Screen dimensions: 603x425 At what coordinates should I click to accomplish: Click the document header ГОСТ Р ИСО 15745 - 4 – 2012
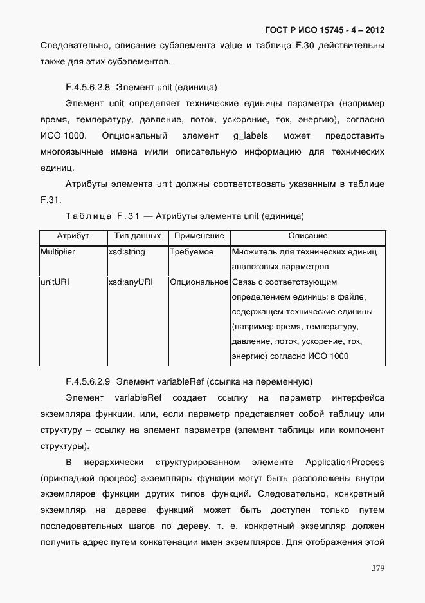point(325,30)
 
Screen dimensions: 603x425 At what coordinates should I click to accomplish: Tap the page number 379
point(377,568)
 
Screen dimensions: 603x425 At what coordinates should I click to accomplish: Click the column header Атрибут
point(73,236)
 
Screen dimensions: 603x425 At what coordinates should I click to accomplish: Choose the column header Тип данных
point(137,236)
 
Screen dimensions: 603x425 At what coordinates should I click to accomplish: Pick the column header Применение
point(199,236)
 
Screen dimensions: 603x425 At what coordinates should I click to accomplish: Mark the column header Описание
point(307,236)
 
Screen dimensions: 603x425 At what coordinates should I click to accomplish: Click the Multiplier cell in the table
point(58,252)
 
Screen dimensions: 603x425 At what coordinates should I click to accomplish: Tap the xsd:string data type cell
point(127,252)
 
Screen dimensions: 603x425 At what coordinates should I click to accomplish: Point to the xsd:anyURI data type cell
point(130,282)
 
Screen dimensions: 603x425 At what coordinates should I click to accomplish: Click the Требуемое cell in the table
point(192,252)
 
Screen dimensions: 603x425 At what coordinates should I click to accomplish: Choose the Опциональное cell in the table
point(199,282)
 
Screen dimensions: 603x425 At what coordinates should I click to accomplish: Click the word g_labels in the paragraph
point(251,136)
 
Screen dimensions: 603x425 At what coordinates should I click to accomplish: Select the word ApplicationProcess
point(345,463)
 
